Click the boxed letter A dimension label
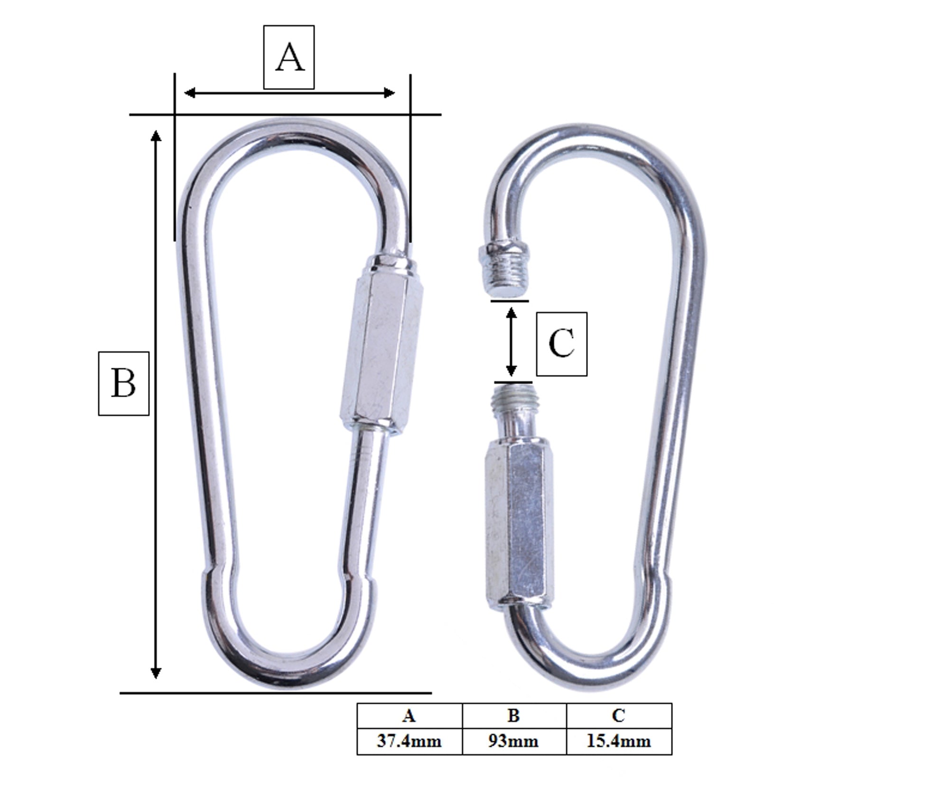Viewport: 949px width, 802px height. [289, 57]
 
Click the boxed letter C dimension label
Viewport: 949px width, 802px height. [562, 344]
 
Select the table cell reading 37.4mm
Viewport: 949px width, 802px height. [409, 741]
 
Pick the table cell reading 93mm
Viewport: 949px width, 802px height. [514, 741]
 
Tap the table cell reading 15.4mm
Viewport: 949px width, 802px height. [619, 741]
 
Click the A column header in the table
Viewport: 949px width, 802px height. [409, 716]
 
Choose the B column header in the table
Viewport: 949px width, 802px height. [514, 716]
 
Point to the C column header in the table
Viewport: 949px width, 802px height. [619, 716]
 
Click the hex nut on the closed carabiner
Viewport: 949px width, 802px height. [381, 345]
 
